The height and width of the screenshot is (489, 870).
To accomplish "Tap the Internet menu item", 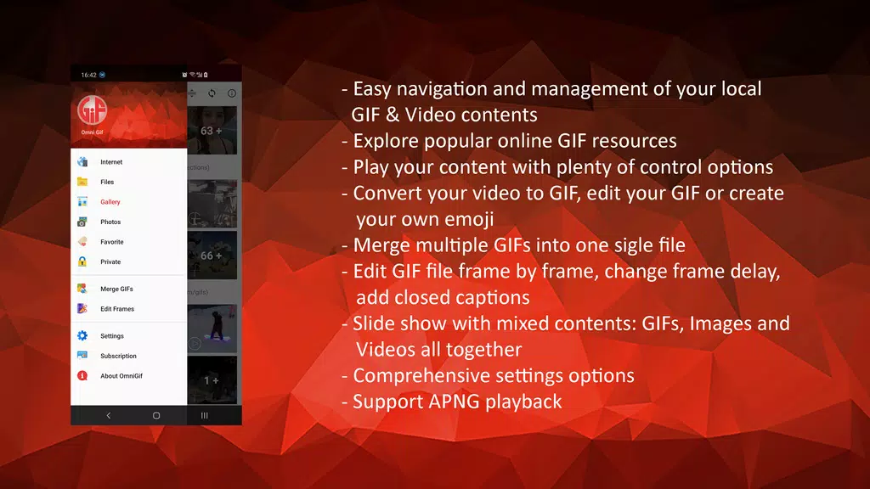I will tap(111, 162).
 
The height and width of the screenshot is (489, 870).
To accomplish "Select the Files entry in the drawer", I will tap(107, 182).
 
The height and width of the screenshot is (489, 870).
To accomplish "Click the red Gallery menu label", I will tap(110, 202).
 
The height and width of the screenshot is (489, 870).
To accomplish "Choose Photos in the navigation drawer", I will tap(110, 222).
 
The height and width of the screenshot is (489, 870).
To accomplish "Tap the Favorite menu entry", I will tap(111, 242).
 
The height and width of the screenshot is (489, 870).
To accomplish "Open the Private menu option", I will tap(110, 261).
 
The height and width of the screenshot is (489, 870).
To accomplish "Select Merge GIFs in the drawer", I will tap(116, 289).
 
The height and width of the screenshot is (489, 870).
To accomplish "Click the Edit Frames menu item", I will tap(117, 309).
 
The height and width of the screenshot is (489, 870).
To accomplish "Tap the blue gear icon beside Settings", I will tap(82, 336).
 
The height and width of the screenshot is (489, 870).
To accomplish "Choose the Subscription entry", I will tap(118, 356).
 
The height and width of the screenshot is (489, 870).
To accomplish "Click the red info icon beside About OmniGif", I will tap(82, 375).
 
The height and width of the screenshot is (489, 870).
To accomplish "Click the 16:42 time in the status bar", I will tap(88, 75).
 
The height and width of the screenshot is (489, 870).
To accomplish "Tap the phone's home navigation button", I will tap(156, 415).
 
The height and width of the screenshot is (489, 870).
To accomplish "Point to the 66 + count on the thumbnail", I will tap(212, 256).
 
